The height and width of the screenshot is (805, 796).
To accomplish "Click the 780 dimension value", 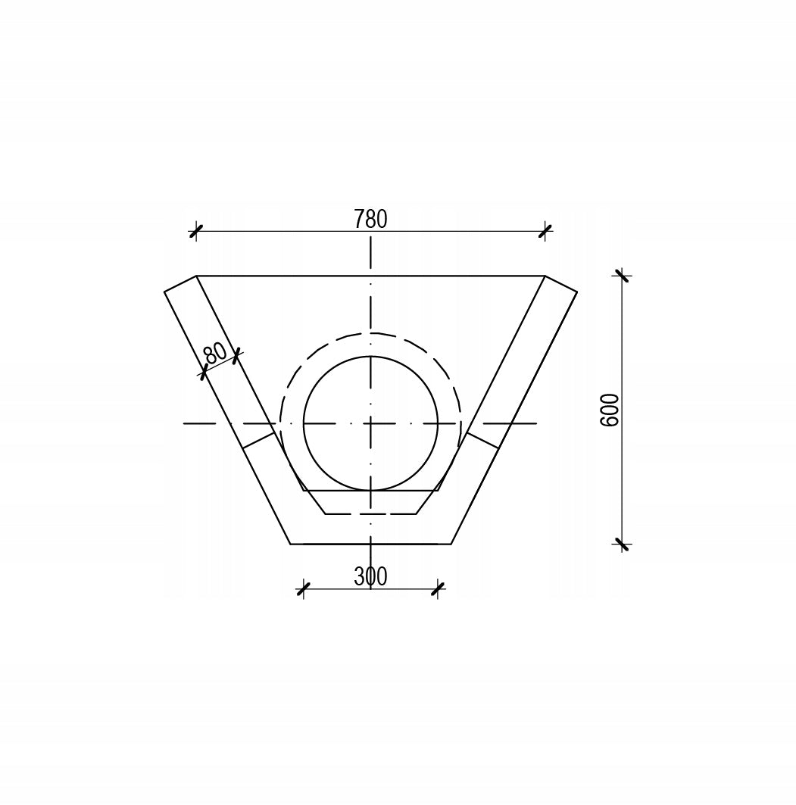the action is coord(370,219).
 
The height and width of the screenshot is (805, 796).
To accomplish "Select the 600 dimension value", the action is coord(610,410).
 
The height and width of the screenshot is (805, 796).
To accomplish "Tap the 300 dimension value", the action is coord(370,577).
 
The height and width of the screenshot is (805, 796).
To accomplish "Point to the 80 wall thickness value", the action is coord(215,353).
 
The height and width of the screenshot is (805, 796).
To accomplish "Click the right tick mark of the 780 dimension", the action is coord(545,231).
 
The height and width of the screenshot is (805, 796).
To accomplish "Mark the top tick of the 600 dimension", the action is coord(623,276).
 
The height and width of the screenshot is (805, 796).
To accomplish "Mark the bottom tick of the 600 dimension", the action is coord(623,543).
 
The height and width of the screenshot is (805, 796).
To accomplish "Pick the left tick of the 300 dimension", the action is coord(304,589).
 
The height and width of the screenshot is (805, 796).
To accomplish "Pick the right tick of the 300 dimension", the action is coord(438,589).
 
